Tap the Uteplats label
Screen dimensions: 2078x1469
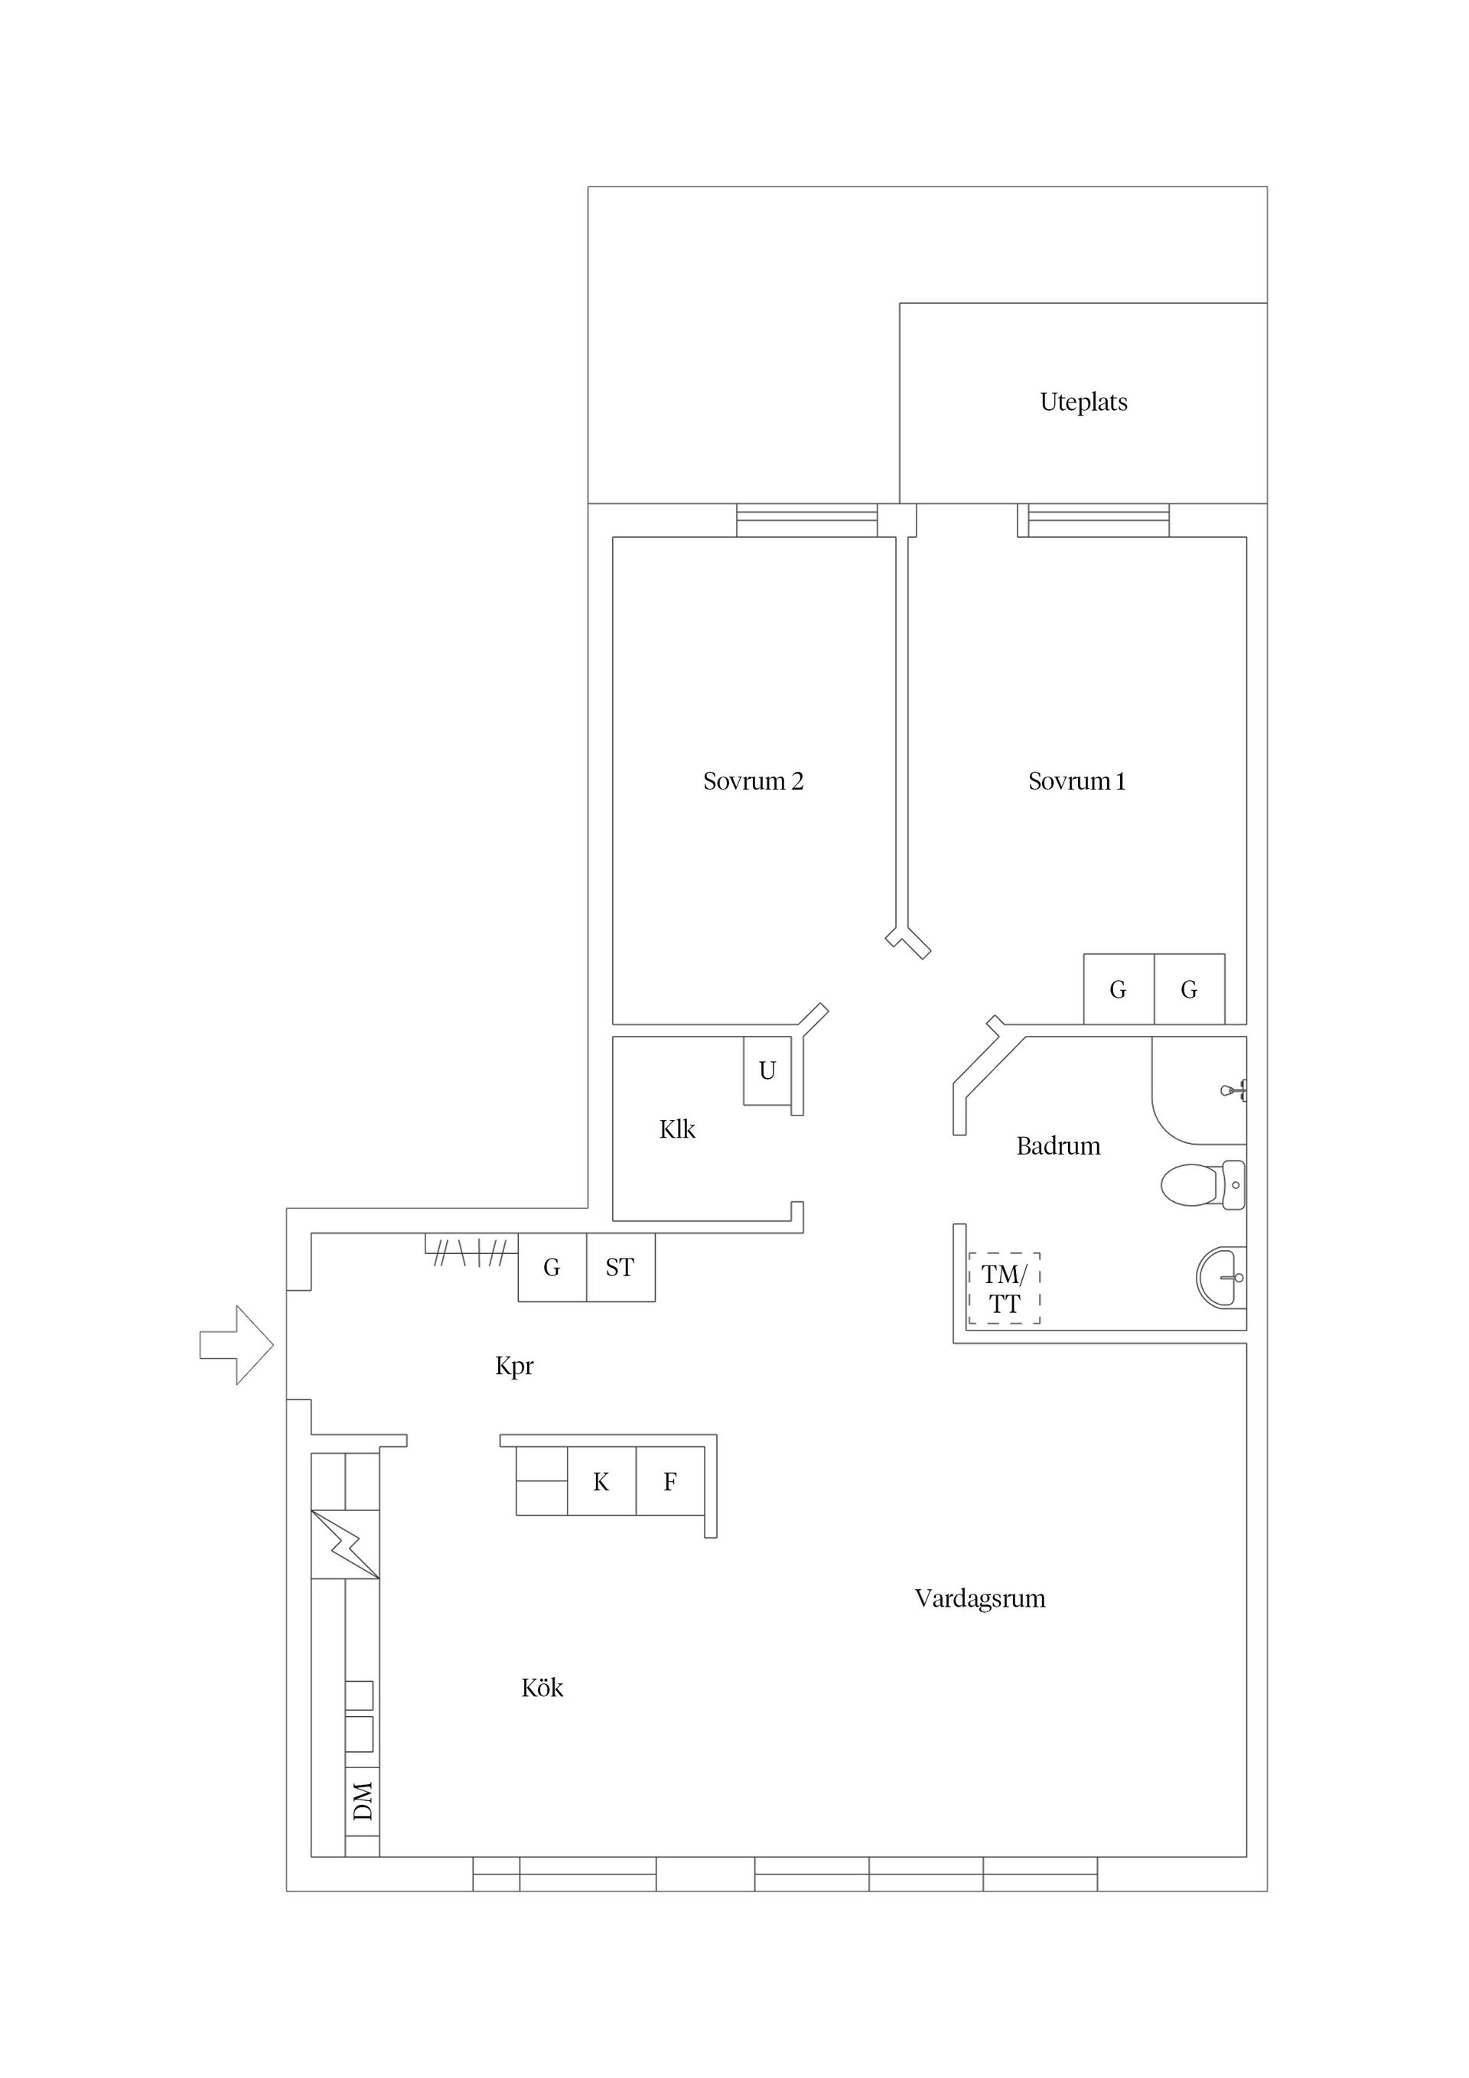tap(1083, 402)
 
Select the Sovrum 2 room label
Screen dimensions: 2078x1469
tap(752, 781)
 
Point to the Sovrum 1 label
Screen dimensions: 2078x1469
tap(1077, 781)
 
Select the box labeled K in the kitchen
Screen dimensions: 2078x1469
tap(601, 1481)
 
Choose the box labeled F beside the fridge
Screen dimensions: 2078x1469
tap(669, 1481)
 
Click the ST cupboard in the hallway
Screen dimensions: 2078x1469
tap(620, 1268)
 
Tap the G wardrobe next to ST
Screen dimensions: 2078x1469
tap(551, 1268)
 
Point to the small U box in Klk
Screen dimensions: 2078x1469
tap(767, 1070)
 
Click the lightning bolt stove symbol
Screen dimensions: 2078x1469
tap(345, 1544)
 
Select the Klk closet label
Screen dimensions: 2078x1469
tap(677, 1129)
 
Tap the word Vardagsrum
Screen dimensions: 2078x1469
tap(979, 1598)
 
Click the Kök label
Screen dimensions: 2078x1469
tap(542, 1688)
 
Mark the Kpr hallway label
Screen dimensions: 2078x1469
tap(514, 1366)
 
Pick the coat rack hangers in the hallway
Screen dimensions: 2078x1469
tap(470, 1253)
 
